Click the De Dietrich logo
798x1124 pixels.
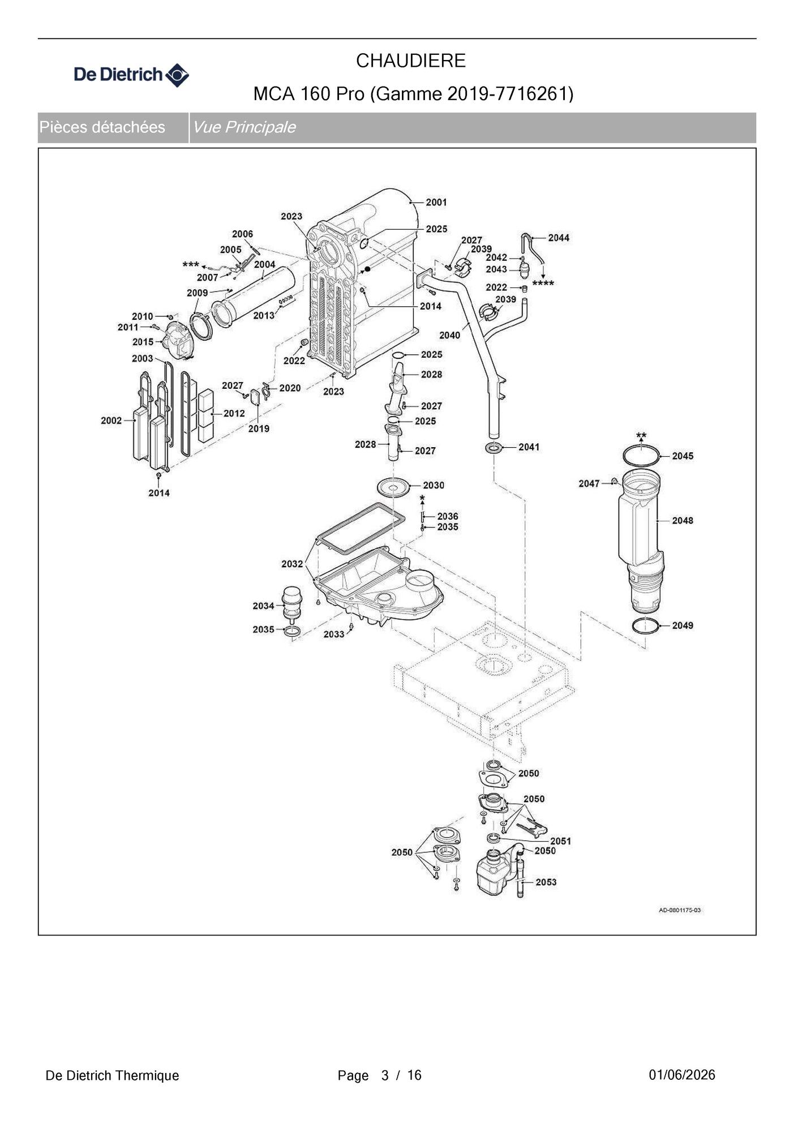(131, 75)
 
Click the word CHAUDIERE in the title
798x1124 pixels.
(411, 61)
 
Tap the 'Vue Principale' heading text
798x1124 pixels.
(244, 127)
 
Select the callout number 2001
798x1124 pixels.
(436, 202)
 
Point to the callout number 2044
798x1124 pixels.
(559, 238)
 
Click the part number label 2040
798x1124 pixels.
(450, 335)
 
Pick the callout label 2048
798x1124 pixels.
(683, 520)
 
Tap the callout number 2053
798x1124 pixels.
(546, 882)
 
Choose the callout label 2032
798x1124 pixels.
(292, 564)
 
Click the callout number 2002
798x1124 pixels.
(111, 421)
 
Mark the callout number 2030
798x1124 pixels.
(434, 485)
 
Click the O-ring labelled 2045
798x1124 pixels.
(641, 447)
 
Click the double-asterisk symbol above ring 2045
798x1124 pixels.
(641, 436)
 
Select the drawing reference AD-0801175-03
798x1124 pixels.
(680, 910)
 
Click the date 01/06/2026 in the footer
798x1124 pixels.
(682, 1075)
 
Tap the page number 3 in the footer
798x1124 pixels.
(385, 1075)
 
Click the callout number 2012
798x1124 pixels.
(234, 413)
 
